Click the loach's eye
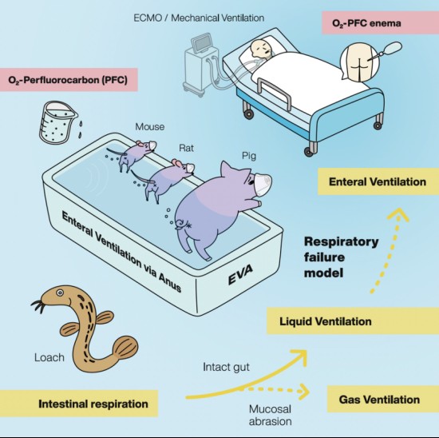(x=60, y=293)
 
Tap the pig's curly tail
(x=181, y=225)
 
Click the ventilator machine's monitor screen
(x=201, y=43)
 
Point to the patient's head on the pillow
(x=261, y=49)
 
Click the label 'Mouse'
(x=150, y=127)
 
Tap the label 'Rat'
(x=186, y=148)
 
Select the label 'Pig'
(x=249, y=156)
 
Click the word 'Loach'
(x=49, y=357)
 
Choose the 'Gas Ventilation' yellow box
(x=383, y=399)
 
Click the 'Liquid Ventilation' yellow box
(x=353, y=321)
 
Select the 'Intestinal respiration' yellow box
(x=79, y=404)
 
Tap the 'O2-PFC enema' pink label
(x=381, y=22)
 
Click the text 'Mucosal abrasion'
(x=270, y=416)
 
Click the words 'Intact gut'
(x=226, y=367)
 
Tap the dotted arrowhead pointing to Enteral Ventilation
(x=398, y=215)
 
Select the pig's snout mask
(x=263, y=182)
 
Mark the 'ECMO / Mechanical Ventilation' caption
(x=199, y=18)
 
